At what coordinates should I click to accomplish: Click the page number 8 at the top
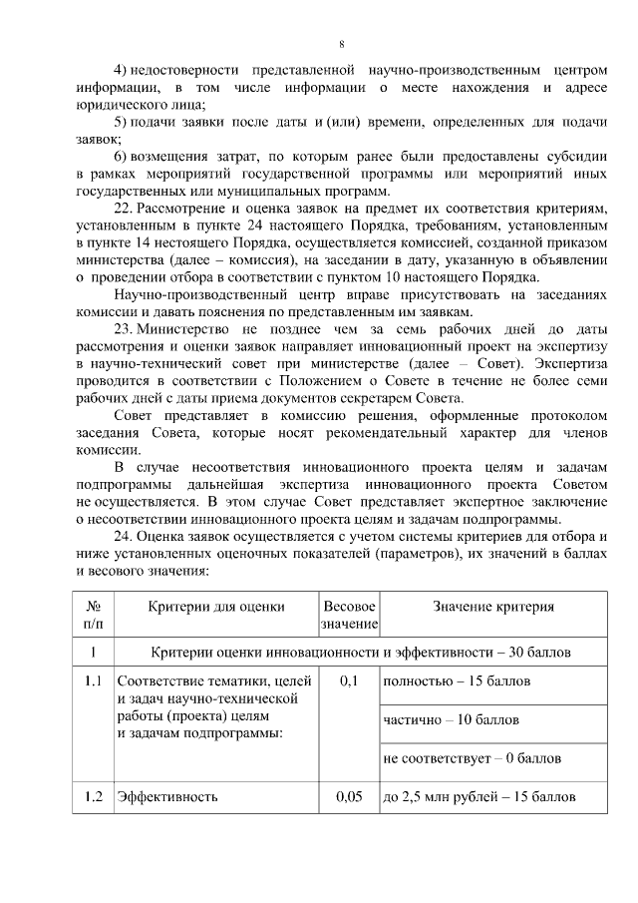coord(341,44)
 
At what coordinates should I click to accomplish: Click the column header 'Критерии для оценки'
coord(216,606)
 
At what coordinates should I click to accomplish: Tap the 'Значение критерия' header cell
coord(493,606)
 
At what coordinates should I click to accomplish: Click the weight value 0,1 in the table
coord(348,681)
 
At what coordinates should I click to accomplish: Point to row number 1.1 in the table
coord(93,681)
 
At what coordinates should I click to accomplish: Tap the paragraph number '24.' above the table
coord(125,536)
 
